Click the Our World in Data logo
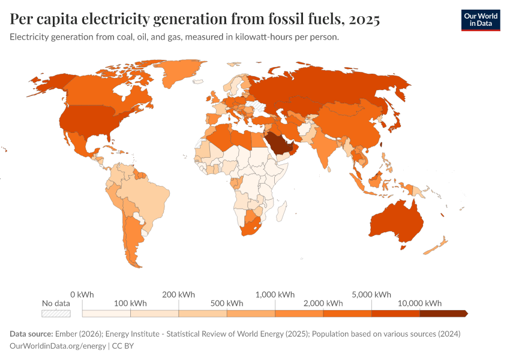(x=480, y=20)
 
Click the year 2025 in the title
(x=362, y=19)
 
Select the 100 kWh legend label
(x=130, y=303)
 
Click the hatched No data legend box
(x=56, y=313)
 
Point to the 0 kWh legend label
(x=82, y=295)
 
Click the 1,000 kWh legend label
(x=275, y=295)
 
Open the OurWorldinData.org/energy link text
(x=57, y=346)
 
